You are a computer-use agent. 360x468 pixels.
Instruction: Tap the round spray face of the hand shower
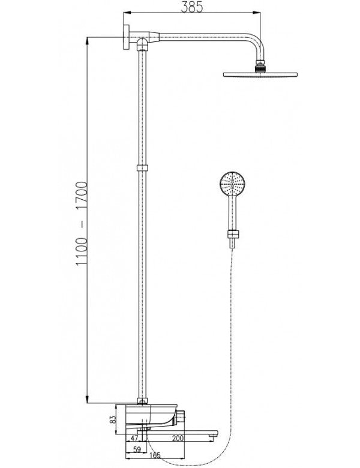click(232, 183)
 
